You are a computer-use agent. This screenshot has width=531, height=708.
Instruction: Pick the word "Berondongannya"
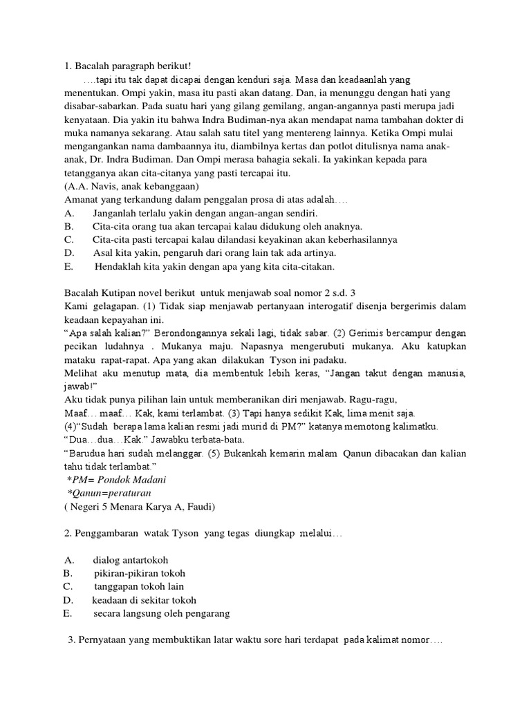coord(191,333)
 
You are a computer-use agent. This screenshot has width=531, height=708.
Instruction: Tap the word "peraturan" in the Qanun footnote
coord(128,493)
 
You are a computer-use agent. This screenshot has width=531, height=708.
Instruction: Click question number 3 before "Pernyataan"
coord(71,640)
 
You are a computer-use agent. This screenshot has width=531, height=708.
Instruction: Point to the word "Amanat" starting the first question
coord(82,199)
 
